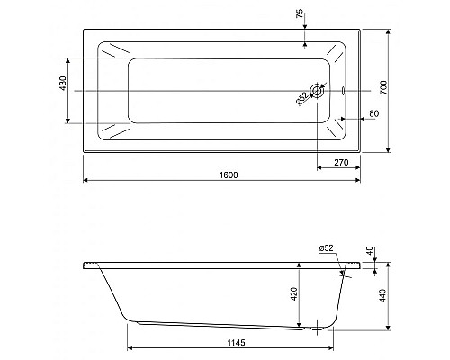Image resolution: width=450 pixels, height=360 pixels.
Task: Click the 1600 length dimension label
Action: [229, 175]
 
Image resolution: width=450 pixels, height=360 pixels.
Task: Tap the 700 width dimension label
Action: [383, 87]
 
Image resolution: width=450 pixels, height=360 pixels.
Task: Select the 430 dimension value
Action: [63, 84]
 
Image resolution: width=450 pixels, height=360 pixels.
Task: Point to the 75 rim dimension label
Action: [300, 13]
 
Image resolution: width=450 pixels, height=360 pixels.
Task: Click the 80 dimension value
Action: [373, 113]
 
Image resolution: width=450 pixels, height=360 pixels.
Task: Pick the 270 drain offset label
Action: [341, 163]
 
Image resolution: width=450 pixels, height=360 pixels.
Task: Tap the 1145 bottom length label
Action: [236, 342]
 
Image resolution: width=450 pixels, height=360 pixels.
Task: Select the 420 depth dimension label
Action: [294, 293]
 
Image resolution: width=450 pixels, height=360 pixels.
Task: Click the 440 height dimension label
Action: [383, 295]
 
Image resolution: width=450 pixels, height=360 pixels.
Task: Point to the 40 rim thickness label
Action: [370, 251]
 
